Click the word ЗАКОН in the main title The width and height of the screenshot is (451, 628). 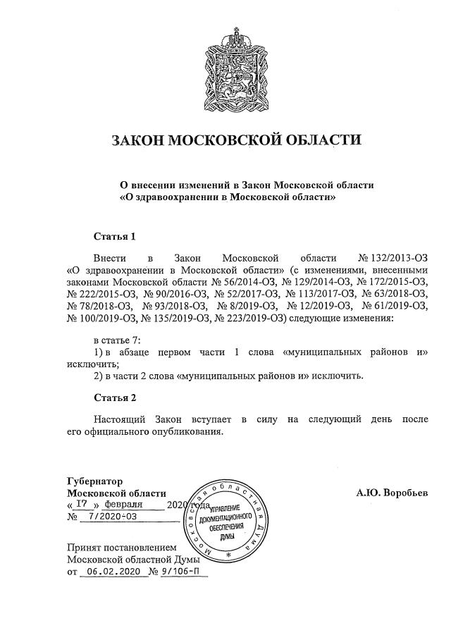pos(137,140)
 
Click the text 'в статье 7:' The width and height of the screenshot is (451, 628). pos(118,340)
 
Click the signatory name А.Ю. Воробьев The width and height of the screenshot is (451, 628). pos(392,493)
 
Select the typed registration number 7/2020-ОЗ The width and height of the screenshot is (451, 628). pos(109,517)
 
